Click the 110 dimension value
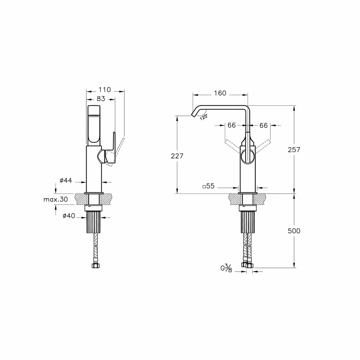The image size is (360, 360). (x=105, y=90)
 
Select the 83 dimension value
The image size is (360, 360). (x=101, y=99)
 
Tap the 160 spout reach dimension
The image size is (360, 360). (x=220, y=93)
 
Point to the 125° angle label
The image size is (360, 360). (x=204, y=117)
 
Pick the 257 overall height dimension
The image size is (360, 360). (x=294, y=150)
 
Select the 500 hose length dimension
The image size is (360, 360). (x=294, y=231)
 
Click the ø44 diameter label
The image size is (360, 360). (x=66, y=180)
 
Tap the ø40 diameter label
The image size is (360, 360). (x=69, y=216)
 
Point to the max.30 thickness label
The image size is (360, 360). (x=56, y=200)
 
